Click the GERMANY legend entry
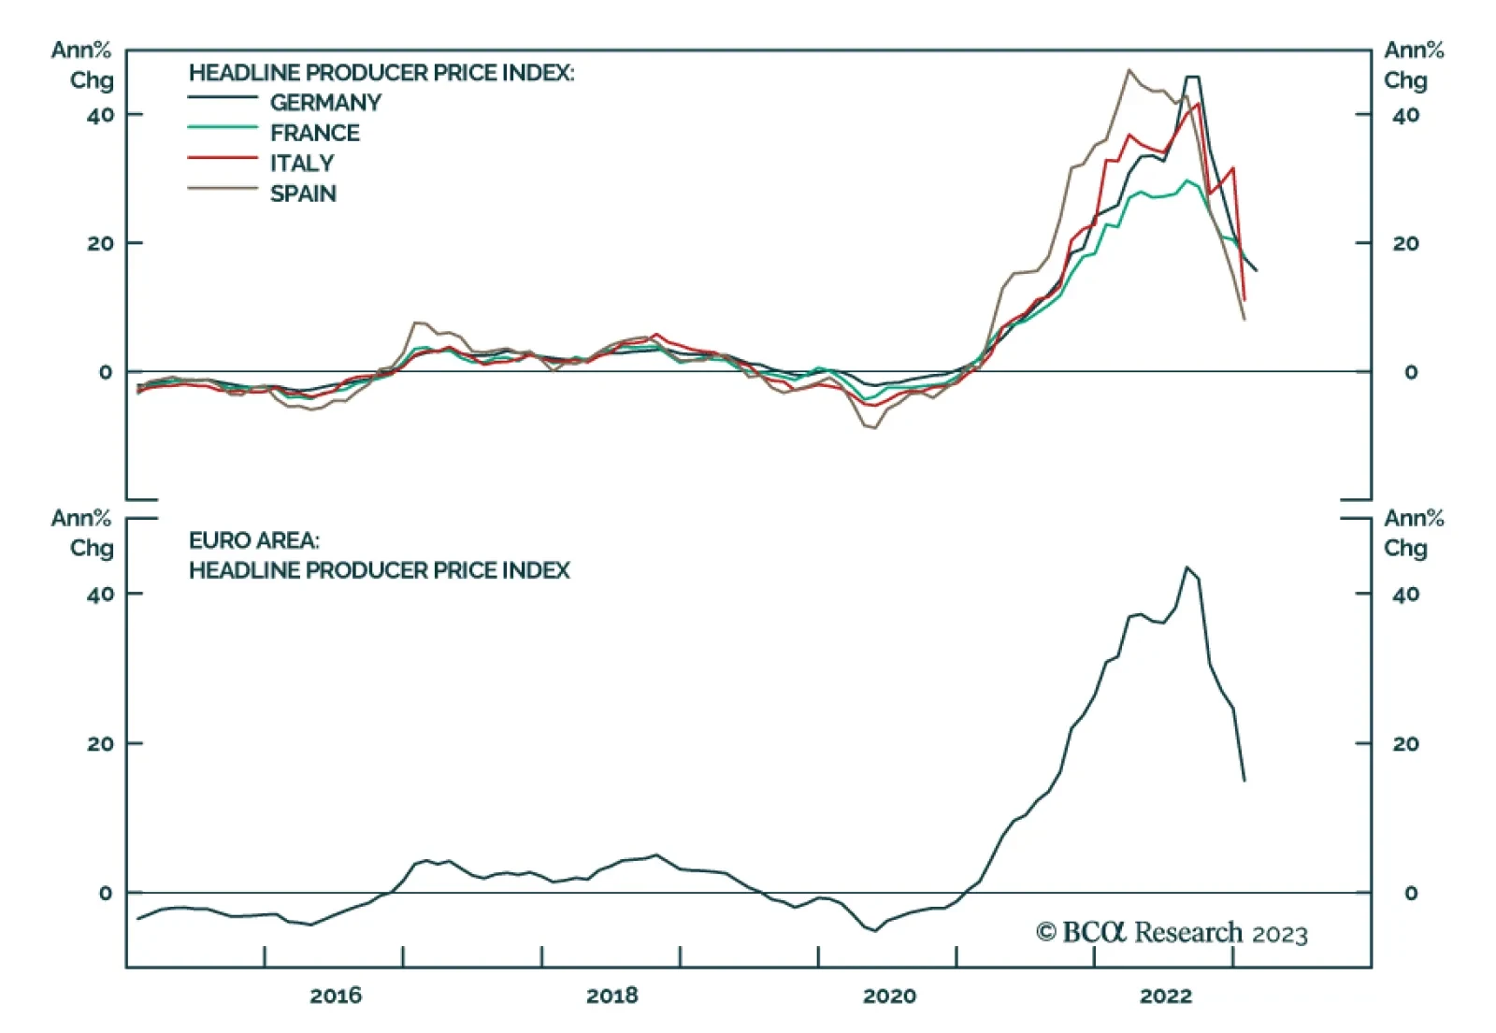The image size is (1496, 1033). [325, 102]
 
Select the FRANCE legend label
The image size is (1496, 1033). [315, 133]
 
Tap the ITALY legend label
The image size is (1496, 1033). [302, 164]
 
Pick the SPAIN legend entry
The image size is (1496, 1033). [303, 194]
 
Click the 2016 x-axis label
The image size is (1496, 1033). [336, 996]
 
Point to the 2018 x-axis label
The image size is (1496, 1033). [612, 996]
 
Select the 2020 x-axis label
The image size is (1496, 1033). [889, 996]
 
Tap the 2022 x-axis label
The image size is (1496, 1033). [1166, 996]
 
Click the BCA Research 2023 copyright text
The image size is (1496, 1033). [1172, 932]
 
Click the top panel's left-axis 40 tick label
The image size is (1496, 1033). [100, 115]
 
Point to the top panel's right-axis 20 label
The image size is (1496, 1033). [1405, 243]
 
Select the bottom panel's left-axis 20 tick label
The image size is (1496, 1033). [100, 744]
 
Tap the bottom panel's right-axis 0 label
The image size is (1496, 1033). [1411, 894]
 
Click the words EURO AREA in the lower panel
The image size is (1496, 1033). [254, 540]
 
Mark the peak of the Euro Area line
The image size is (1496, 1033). [1187, 567]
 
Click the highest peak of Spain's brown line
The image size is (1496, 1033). [1129, 70]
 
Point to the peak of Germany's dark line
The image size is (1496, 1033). [1192, 78]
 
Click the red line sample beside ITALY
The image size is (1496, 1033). [223, 159]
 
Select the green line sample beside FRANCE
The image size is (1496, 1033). [223, 127]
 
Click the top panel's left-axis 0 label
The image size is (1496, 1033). [106, 372]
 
